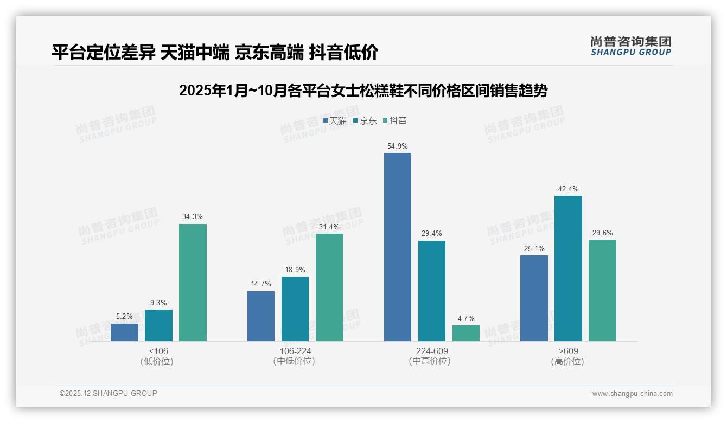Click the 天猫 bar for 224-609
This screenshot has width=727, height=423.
coord(398,247)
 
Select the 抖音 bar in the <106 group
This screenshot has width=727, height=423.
coord(193,282)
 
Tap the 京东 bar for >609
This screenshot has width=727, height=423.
coord(568,268)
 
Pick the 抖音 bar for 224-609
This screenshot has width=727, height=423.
coord(466,333)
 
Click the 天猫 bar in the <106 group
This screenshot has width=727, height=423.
coord(124,332)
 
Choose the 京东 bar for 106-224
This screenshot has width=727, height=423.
coord(295,309)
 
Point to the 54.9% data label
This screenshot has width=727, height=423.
coord(398,146)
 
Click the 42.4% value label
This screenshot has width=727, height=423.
coord(568,189)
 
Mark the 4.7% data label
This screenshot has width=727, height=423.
coord(466,319)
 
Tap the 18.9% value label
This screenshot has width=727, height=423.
coord(295,270)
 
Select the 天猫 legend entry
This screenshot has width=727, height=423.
coord(335,121)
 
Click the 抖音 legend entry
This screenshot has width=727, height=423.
coord(395,121)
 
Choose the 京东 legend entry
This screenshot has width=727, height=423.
coord(365,121)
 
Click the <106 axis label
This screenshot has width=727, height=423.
coord(158,351)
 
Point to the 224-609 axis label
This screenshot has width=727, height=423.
coord(432,351)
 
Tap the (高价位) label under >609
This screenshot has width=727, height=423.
coord(567,361)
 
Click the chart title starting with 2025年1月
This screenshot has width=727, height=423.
coord(363,91)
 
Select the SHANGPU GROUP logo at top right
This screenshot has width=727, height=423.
coord(630,46)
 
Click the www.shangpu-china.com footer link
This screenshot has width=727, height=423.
coord(632,394)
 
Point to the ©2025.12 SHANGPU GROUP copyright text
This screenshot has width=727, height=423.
coord(109,393)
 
